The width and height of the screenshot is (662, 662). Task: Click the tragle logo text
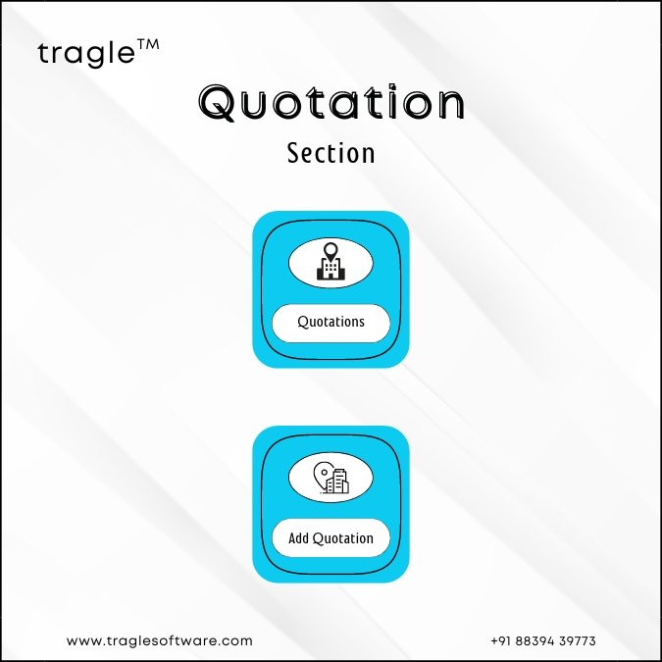pos(86,54)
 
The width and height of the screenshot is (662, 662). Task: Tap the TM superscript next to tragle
pos(148,45)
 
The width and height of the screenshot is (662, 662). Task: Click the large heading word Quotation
pos(331,102)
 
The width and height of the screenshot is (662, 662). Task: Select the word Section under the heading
pos(331,153)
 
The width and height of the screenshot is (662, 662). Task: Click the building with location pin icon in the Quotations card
pos(331,261)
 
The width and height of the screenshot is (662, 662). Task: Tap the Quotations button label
pos(331,322)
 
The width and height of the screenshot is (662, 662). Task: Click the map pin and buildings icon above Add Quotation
pos(331,478)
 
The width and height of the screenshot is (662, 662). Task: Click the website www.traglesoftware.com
pos(160,640)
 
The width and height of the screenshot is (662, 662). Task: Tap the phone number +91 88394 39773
pos(543,640)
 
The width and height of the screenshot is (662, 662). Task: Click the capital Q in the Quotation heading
pos(218,103)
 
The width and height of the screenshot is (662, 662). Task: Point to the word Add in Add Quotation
pos(298,538)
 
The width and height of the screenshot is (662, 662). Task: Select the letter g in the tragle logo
pos(96,57)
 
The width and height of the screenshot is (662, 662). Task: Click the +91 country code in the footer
pos(501,640)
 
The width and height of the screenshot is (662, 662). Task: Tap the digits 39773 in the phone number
pos(577,640)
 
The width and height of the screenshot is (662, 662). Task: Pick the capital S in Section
pos(294,153)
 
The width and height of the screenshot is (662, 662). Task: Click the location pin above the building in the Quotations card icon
pos(331,251)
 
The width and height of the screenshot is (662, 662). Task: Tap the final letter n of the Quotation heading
pos(452,106)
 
